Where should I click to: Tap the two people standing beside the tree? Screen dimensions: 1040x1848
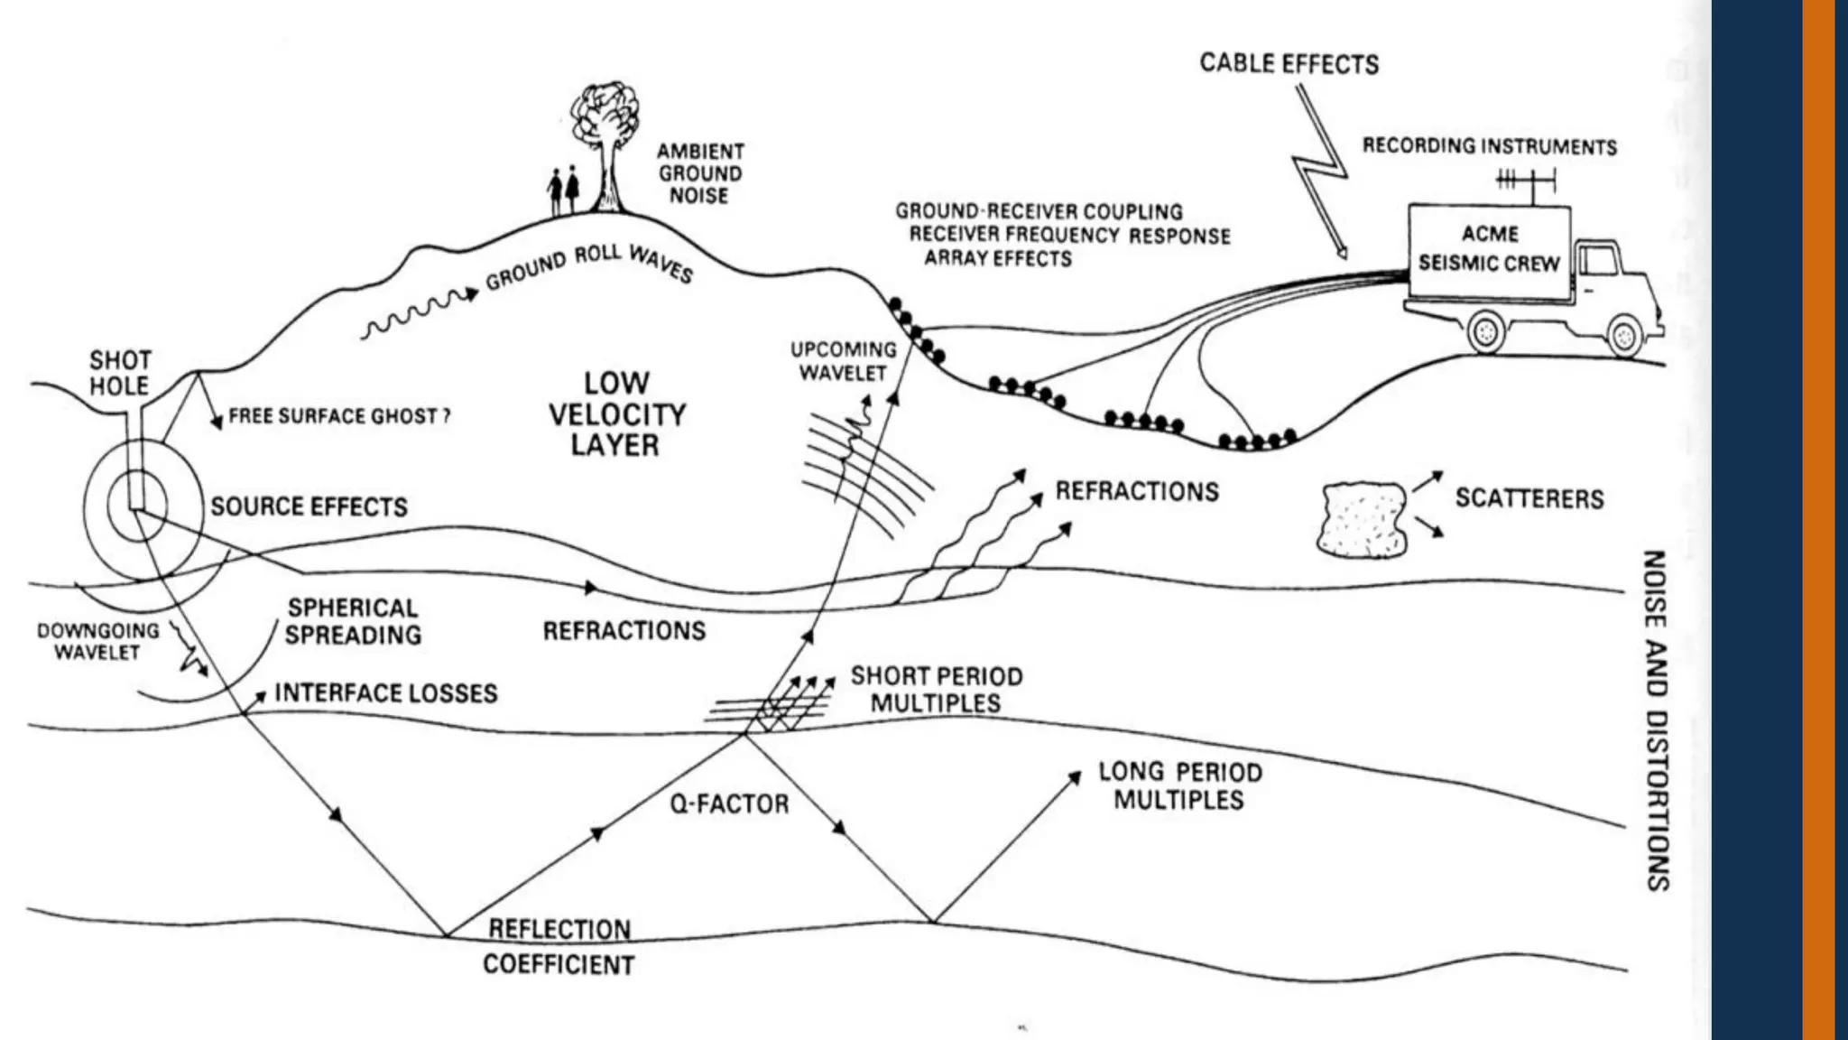pos(563,190)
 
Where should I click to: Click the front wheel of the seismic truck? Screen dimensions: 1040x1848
pos(1623,336)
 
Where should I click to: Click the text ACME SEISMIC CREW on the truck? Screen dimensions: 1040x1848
pos(1489,249)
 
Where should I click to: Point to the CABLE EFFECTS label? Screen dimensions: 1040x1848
pos(1289,64)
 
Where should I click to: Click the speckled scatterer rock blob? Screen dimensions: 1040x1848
pos(1363,519)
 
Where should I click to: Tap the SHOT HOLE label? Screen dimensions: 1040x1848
pos(119,373)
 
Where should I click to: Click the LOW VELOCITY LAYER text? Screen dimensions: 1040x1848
pos(616,413)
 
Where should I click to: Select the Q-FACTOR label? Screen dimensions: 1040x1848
pos(729,803)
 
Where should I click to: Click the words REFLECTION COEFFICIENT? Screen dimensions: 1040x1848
pos(559,947)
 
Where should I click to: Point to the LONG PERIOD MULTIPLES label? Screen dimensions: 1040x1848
pos(1179,785)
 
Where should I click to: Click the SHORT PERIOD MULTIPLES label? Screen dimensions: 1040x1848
pos(936,690)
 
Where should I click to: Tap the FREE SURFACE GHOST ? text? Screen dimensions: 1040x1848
pos(338,416)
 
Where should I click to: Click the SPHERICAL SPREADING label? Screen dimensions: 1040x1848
pos(353,621)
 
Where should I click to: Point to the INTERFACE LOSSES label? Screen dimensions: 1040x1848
pos(385,692)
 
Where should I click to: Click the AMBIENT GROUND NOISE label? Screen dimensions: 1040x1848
pos(699,173)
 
